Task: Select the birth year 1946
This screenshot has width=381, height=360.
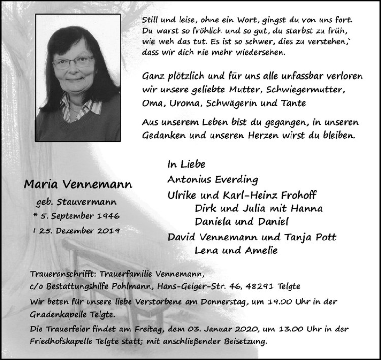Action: coord(107,217)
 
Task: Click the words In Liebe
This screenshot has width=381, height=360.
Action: coord(186,164)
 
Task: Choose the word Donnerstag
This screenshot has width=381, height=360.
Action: coord(230,302)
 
